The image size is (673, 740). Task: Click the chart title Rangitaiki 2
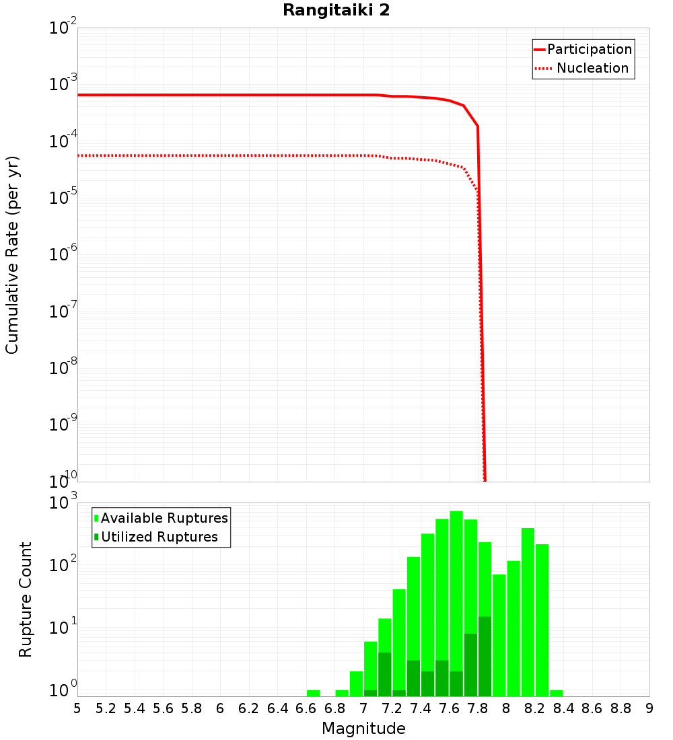coord(336,11)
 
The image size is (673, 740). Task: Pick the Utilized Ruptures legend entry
coord(159,537)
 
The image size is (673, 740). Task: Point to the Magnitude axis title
coord(363,729)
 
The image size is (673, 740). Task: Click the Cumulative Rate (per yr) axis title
coord(12,255)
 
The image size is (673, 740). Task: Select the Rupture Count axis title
coord(26,599)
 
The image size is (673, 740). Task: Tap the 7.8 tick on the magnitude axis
coord(478,708)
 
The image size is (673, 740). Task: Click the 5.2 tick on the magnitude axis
coord(106,708)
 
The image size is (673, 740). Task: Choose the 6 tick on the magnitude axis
coord(220,708)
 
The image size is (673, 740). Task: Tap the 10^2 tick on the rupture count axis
coord(64,564)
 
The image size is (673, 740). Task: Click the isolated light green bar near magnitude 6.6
coord(313,693)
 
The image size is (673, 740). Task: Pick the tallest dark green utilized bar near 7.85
coord(485,656)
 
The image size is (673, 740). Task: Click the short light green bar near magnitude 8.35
coord(556,693)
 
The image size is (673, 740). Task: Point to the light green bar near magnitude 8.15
coord(528,612)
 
